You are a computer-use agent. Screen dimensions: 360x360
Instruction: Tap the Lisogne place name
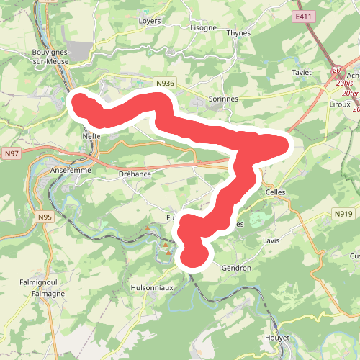[x=202, y=27]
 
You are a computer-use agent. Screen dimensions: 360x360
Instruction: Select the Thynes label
[x=238, y=32]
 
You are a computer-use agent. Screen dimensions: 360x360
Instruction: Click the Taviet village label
[x=302, y=73]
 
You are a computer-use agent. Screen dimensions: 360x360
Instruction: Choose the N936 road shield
[x=165, y=84]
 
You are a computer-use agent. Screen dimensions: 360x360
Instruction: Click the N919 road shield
[x=342, y=214]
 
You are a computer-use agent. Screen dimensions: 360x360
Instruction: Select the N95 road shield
[x=45, y=216]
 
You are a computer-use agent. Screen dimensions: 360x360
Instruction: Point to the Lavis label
[x=271, y=240]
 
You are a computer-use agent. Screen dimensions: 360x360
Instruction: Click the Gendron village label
[x=236, y=268]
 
